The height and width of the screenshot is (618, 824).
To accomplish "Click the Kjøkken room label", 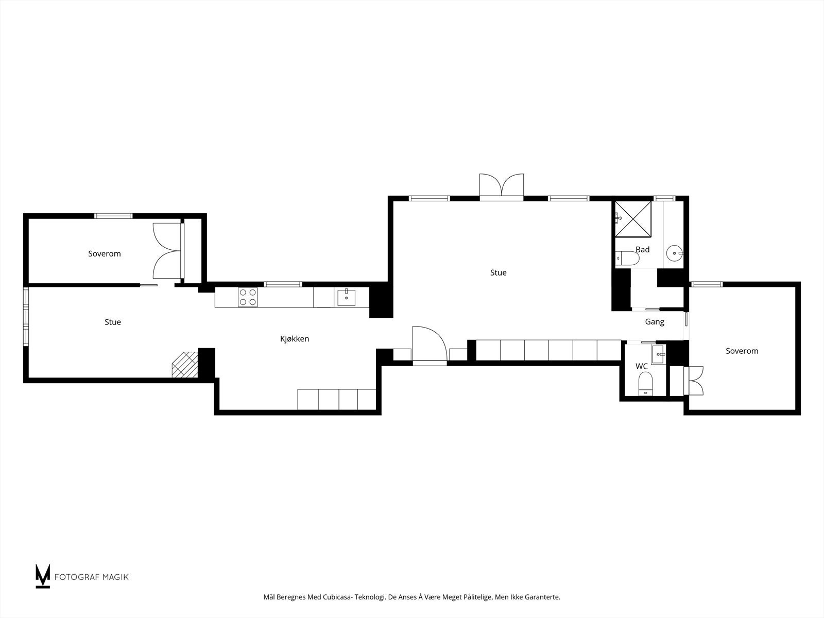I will coord(295,339).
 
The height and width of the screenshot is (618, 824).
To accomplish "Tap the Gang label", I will coord(655,322).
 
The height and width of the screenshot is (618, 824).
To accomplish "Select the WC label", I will coord(641,367).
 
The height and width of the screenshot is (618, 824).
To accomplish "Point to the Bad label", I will coord(642,250).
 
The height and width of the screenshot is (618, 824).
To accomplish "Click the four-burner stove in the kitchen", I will coord(248,297).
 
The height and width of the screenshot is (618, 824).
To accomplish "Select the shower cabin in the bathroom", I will coord(633,219).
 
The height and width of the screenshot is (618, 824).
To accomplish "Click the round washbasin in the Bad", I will coord(674,253).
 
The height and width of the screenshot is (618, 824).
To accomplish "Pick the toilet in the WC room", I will coord(645,384).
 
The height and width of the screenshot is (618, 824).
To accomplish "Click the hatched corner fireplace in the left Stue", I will coord(185,365).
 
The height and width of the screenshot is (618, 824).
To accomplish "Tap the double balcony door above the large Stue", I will coord(501,186).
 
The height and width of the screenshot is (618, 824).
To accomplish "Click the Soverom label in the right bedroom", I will coord(742,351).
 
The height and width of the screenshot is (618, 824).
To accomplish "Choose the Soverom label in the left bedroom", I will coord(105,254).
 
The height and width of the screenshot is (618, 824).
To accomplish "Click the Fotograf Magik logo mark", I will coord(43,576).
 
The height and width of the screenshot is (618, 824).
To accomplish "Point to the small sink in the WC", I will coord(658,353).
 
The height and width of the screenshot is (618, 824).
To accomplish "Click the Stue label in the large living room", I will coord(498,273).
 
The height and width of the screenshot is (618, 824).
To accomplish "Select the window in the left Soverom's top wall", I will coord(113,216).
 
